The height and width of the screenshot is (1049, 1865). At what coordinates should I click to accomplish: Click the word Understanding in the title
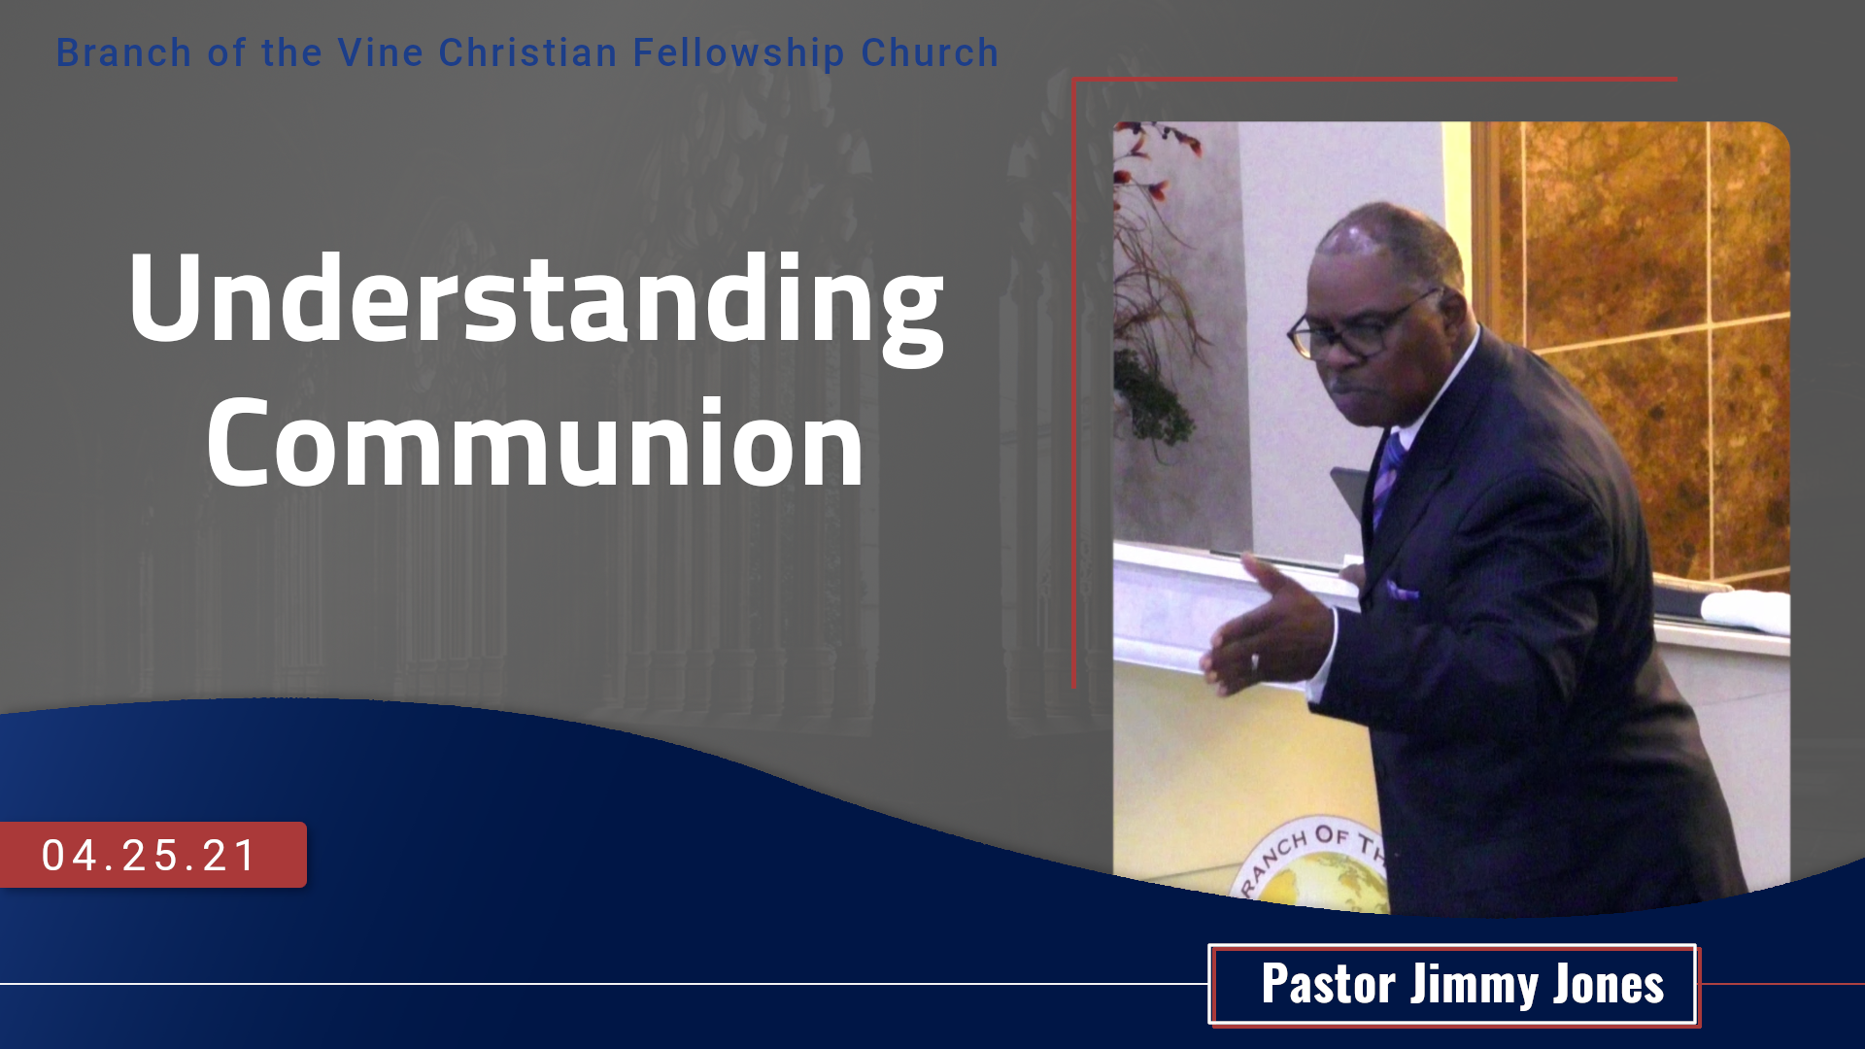[x=535, y=303]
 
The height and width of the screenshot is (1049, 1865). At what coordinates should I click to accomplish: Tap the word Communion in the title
[x=535, y=442]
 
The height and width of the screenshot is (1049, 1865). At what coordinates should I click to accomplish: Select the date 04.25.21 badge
[x=153, y=855]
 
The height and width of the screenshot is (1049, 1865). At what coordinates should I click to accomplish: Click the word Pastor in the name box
[x=1328, y=984]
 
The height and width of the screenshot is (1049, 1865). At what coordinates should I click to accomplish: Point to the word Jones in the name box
[x=1609, y=984]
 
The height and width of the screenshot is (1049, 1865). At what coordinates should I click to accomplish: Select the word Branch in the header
[x=123, y=52]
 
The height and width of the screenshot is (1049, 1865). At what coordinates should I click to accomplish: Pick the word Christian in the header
[x=527, y=52]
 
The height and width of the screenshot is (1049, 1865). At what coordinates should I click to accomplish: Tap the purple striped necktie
[x=1388, y=477]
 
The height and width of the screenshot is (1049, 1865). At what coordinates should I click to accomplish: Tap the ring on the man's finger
[x=1254, y=663]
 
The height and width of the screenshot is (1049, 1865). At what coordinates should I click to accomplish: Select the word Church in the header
[x=930, y=52]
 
